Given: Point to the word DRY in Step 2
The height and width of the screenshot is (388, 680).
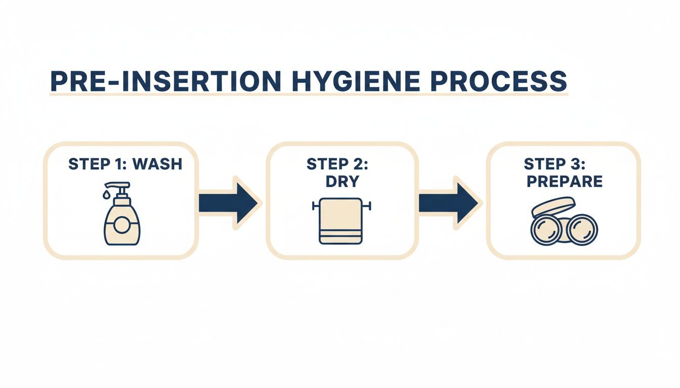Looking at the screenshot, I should [343, 181].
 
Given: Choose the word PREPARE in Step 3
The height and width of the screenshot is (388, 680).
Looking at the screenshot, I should [564, 181].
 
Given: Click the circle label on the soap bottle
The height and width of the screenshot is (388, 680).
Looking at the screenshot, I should [122, 225].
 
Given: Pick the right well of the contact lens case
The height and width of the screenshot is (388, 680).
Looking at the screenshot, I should [582, 229].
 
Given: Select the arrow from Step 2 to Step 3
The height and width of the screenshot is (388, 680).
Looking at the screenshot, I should [448, 203].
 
